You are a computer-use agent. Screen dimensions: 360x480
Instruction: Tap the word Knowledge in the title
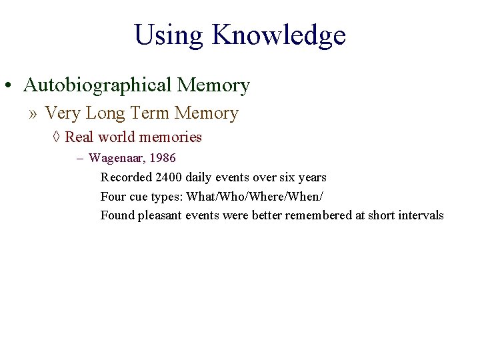click(x=279, y=36)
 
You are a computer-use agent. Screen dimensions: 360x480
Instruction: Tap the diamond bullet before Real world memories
click(x=57, y=137)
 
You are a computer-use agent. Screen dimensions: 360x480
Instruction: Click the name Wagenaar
click(x=116, y=159)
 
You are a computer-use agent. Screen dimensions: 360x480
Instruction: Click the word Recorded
click(x=126, y=177)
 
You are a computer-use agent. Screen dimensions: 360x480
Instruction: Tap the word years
click(x=311, y=177)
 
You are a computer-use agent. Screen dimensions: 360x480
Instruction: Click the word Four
click(x=113, y=196)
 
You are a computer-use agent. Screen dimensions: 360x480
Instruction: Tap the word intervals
click(x=421, y=215)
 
